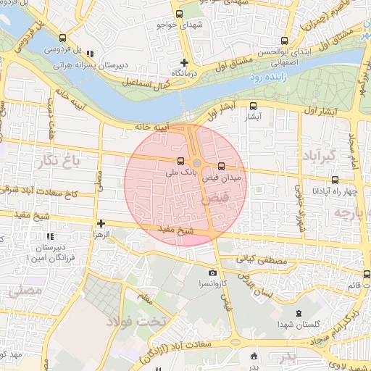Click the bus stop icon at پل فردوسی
[62, 38]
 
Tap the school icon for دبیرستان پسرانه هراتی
[89, 54]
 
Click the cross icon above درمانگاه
[184, 63]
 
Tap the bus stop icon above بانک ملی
[180, 161]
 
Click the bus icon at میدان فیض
[221, 165]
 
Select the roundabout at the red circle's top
[196, 163]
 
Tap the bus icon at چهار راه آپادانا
[335, 180]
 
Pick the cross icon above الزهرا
[100, 224]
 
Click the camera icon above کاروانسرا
[212, 273]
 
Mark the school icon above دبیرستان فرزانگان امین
[49, 237]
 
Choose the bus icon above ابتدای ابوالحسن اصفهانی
[283, 41]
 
